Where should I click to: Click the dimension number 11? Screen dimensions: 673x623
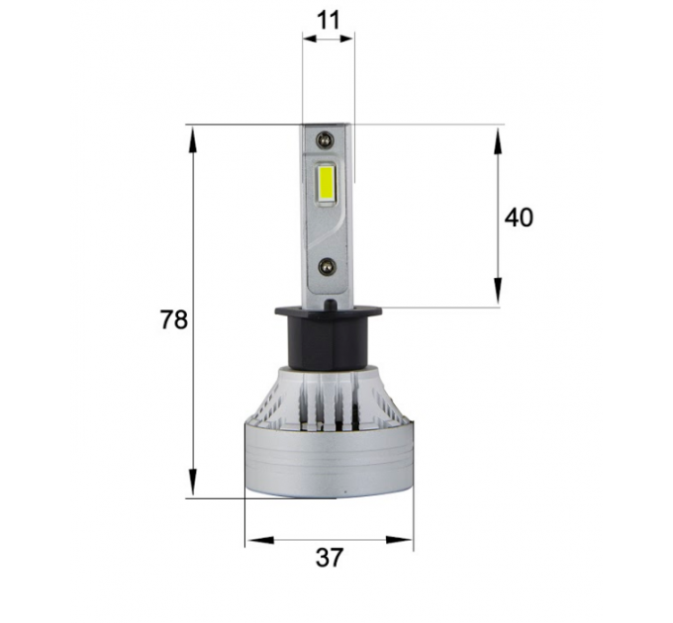[330, 21]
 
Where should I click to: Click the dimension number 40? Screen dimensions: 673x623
[519, 218]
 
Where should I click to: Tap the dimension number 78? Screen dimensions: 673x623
[174, 319]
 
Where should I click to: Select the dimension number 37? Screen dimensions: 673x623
[330, 558]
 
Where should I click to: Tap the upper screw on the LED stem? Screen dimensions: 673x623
[325, 138]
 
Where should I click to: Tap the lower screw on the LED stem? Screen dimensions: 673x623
[327, 266]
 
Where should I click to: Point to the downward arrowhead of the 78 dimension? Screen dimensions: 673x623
[193, 482]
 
